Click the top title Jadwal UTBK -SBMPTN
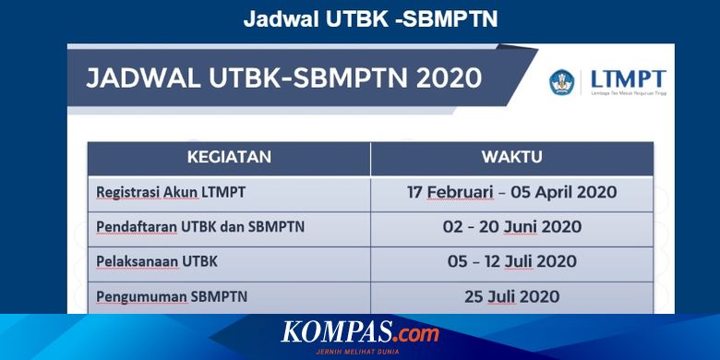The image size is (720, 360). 370,19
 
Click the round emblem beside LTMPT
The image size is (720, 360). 562,82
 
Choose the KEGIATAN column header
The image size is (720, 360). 229,157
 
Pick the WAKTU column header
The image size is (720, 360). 511,157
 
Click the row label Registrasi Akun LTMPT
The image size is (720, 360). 171,192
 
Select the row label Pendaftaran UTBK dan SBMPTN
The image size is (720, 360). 200,227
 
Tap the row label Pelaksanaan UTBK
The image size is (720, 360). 157,261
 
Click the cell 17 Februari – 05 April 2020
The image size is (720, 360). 511,192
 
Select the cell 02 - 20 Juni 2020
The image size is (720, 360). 511,227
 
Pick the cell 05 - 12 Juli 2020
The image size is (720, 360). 511,261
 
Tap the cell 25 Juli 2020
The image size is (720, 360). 511,296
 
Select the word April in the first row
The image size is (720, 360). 555,192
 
